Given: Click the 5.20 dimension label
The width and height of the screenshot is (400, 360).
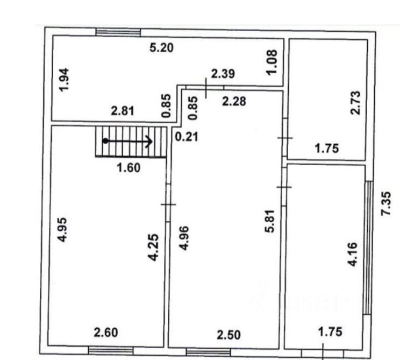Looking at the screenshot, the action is coord(161,48).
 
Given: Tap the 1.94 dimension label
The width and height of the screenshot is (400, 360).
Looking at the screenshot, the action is coord(63,80).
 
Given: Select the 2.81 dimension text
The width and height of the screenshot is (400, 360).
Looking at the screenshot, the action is coord(123,111).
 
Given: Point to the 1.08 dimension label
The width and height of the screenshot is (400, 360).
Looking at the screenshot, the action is coord(272,62).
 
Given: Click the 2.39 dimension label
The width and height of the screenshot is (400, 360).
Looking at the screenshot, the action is coord(223,74).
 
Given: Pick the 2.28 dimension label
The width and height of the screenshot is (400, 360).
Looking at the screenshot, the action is coord(234,101).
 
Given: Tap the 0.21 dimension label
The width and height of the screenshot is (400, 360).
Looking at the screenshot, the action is coord(187,137).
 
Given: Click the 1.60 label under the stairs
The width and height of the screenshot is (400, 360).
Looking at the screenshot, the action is coord(128,168).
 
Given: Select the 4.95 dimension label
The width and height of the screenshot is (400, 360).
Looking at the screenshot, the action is coord(62,230).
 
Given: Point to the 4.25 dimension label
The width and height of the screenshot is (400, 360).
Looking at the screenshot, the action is coord(154,248).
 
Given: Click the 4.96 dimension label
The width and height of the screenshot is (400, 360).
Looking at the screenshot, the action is coord(184,238).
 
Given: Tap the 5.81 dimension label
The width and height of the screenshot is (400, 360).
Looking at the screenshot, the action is coord(270,221).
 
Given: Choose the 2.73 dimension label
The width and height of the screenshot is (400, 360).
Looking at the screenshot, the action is coord(355,103).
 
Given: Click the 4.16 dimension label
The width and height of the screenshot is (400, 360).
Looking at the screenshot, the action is coord(353,255).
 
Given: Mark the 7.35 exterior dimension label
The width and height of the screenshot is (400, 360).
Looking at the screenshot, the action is coord(385,203).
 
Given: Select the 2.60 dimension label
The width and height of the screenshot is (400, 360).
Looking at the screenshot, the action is coord(106,333).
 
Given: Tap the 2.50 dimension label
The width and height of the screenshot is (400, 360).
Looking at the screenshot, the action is coord(229,335).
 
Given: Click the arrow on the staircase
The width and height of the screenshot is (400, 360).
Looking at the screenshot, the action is coord(127,141).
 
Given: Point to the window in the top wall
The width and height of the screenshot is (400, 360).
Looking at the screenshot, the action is coord(118,32).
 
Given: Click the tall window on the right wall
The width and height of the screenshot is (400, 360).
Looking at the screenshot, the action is coord(368,248).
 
